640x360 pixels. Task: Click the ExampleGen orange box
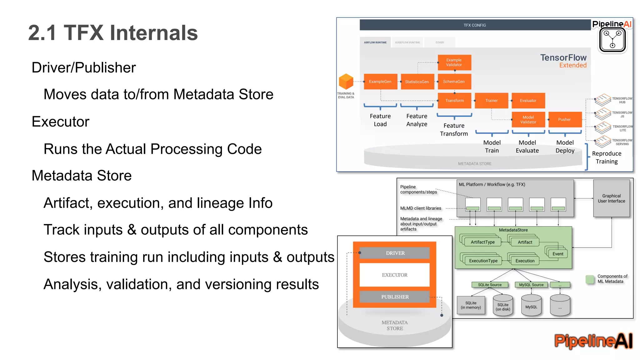click(380, 82)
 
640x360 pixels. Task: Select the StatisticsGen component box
click(417, 82)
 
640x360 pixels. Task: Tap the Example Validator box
click(454, 62)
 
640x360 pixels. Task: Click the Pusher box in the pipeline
click(565, 119)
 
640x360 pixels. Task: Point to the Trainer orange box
click(491, 101)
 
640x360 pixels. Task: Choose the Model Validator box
click(528, 119)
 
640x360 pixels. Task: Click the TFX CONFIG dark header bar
click(475, 25)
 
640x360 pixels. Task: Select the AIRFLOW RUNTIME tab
click(375, 42)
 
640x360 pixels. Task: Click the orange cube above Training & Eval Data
click(346, 82)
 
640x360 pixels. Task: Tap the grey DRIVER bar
click(395, 253)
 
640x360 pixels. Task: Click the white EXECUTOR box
click(395, 275)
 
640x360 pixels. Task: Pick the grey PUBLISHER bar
click(395, 297)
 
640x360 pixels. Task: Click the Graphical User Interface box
click(611, 198)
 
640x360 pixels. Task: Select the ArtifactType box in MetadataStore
click(482, 242)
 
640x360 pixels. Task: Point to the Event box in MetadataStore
click(557, 254)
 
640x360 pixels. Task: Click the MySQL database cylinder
click(531, 306)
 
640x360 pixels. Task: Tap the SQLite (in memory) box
click(471, 305)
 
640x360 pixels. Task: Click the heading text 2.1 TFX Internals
click(113, 33)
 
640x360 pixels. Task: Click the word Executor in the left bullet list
click(60, 122)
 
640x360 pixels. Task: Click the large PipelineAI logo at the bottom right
click(593, 341)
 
